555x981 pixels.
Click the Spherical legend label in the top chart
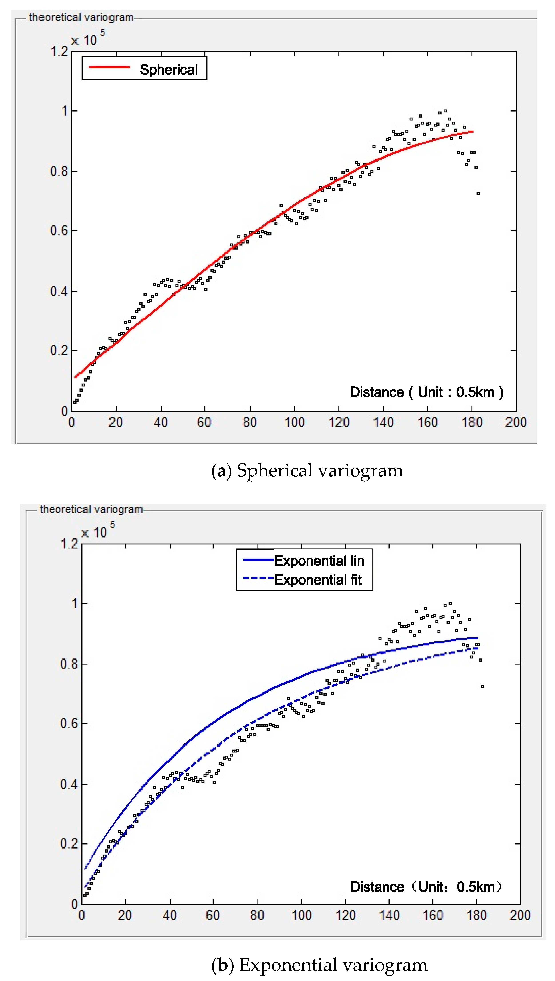tap(169, 70)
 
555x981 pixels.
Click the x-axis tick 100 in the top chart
tap(295, 422)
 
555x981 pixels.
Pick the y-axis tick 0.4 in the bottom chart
tap(69, 784)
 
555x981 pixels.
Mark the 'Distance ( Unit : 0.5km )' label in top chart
tap(426, 392)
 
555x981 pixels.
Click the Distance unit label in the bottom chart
tap(426, 887)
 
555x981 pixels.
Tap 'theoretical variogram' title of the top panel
tap(81, 17)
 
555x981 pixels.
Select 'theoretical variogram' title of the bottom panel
tap(91, 510)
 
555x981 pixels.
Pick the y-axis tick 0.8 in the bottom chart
tap(69, 664)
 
